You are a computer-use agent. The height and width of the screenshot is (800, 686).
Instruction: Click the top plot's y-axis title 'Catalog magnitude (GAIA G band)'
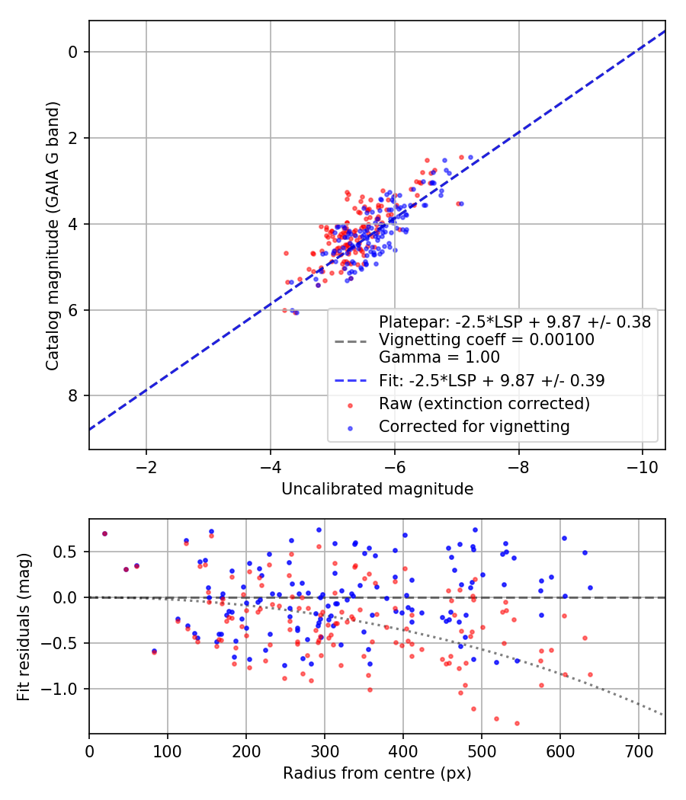click(52, 235)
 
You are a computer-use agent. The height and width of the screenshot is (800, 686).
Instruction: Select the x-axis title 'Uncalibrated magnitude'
click(377, 489)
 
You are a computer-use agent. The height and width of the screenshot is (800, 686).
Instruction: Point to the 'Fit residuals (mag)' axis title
click(24, 627)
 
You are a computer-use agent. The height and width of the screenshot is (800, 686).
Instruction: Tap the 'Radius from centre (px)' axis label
click(377, 773)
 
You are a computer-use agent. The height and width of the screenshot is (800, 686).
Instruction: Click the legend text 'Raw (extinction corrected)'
click(484, 403)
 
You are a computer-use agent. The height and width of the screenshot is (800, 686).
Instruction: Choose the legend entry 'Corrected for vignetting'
click(474, 427)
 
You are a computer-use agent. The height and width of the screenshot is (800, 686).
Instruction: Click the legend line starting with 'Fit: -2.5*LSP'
click(492, 380)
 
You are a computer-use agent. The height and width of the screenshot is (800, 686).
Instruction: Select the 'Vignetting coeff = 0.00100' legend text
click(486, 340)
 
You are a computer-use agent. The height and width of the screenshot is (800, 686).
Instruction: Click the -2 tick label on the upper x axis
click(146, 466)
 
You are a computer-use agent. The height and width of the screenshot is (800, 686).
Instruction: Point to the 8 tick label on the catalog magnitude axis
click(74, 395)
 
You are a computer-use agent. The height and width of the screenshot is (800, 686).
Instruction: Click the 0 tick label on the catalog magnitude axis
click(74, 52)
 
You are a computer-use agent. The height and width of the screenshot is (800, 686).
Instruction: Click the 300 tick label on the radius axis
click(324, 750)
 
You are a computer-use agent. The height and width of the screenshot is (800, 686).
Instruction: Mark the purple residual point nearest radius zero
click(104, 533)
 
